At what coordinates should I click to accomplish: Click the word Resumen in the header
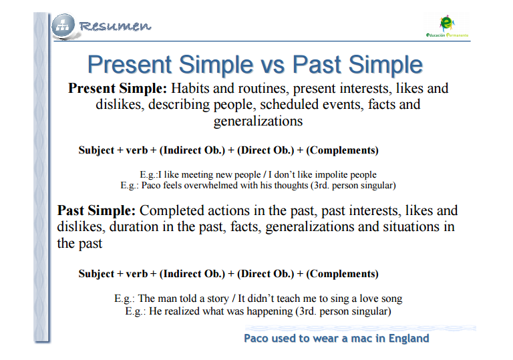(115, 26)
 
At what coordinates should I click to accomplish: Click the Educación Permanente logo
(447, 26)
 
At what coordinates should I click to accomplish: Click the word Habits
(190, 88)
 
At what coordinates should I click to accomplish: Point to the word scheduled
(289, 104)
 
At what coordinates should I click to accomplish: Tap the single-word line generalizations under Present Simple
(258, 121)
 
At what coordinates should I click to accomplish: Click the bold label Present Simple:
(118, 88)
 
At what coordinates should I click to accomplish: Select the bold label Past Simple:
(96, 210)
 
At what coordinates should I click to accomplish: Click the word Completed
(172, 211)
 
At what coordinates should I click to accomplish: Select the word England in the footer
(409, 339)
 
